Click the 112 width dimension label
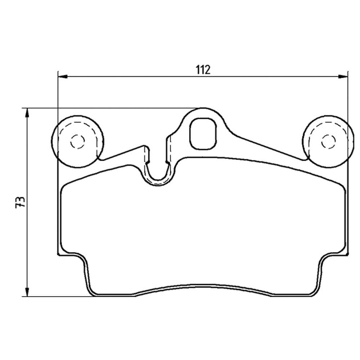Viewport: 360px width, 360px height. tap(203, 69)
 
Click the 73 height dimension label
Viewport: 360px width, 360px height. tap(21, 202)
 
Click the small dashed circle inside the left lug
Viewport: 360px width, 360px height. tap(77, 141)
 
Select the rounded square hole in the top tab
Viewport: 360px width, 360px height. tap(204, 134)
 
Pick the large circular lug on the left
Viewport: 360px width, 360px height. tap(77, 141)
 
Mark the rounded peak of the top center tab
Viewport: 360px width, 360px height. tap(204, 108)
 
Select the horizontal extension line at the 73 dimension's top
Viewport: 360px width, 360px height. tap(108, 108)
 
